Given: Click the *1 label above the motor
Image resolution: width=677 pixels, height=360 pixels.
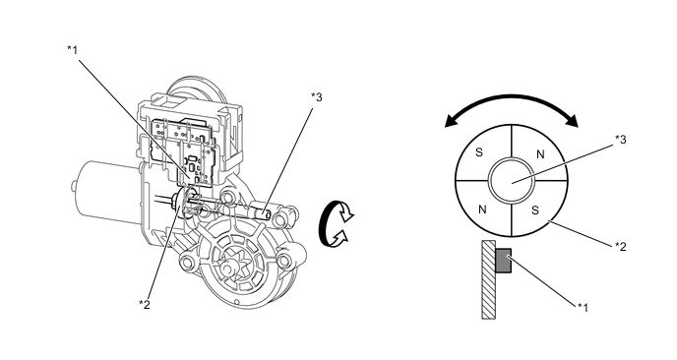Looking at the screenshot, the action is click(73, 50).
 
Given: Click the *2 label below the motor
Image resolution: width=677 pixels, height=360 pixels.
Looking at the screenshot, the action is click(145, 304).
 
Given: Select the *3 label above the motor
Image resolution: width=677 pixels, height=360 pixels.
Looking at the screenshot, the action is click(317, 97).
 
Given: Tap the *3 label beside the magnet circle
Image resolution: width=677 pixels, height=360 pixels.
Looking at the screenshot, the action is click(621, 140).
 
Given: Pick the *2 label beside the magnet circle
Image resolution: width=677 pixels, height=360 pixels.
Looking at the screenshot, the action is click(621, 247).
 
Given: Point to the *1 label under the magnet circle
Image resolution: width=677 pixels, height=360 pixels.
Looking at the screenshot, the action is click(583, 307).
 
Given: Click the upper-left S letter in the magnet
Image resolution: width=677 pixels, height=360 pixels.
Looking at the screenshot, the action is click(479, 152).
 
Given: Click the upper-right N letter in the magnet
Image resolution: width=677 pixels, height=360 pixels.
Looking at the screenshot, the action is click(540, 154).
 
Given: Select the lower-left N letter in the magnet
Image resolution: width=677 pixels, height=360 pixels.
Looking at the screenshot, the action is click(483, 210).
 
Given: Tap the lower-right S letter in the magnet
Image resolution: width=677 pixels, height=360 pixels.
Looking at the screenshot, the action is click(535, 210).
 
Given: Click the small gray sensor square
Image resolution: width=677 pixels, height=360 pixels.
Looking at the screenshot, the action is click(504, 261).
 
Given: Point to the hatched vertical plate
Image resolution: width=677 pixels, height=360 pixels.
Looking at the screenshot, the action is click(489, 279).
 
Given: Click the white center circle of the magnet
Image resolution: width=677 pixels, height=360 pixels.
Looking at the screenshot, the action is click(512, 180).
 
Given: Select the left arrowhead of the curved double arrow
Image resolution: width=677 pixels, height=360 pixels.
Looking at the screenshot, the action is click(452, 121).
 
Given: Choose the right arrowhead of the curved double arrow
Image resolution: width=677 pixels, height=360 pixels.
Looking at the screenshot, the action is click(572, 121).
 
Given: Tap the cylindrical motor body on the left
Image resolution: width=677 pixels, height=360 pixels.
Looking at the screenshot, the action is click(108, 191).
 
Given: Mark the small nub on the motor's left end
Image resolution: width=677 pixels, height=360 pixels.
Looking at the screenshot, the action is click(74, 187).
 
